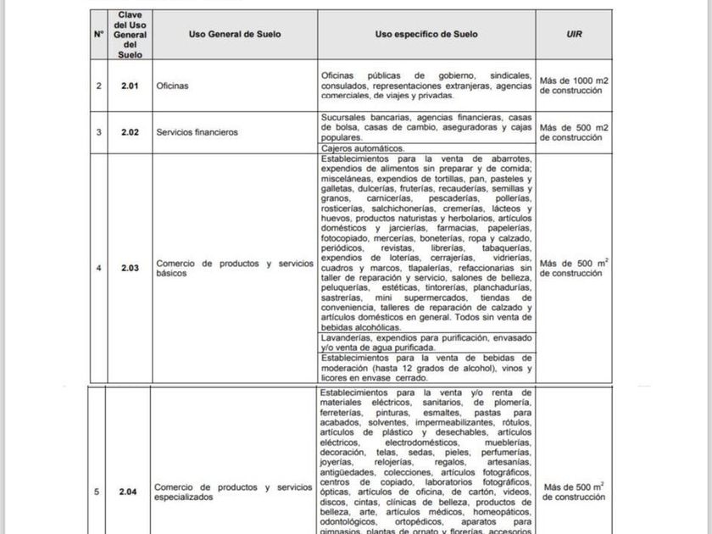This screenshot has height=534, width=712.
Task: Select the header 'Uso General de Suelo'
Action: tap(235, 35)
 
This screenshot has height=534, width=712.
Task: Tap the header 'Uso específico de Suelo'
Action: tap(426, 35)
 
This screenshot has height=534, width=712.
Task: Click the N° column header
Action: tap(99, 35)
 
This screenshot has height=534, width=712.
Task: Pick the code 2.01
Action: tap(129, 86)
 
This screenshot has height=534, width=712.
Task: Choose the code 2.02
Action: tap(129, 132)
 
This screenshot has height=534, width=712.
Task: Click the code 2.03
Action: tap(129, 269)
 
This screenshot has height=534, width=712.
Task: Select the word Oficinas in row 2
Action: tap(172, 86)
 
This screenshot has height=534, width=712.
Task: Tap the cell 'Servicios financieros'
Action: tap(197, 132)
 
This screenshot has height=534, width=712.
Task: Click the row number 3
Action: tap(99, 132)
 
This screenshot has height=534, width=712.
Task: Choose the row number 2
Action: tap(99, 86)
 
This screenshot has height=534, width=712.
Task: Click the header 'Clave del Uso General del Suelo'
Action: tap(129, 35)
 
